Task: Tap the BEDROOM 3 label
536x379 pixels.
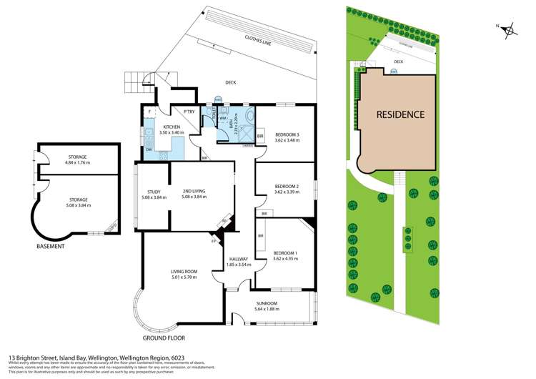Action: coord(284,134)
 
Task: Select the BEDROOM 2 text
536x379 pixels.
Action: coord(284,187)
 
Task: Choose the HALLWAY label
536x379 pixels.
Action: coord(238,259)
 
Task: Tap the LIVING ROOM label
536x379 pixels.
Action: coord(184,271)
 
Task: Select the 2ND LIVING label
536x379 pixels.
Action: coord(194,192)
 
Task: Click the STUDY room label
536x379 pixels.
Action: coord(154,192)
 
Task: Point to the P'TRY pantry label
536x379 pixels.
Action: coord(189,112)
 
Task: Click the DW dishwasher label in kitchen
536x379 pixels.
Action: coord(148,149)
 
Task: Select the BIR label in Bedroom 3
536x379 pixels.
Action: coord(259,136)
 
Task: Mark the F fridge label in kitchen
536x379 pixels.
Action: coord(149,112)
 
